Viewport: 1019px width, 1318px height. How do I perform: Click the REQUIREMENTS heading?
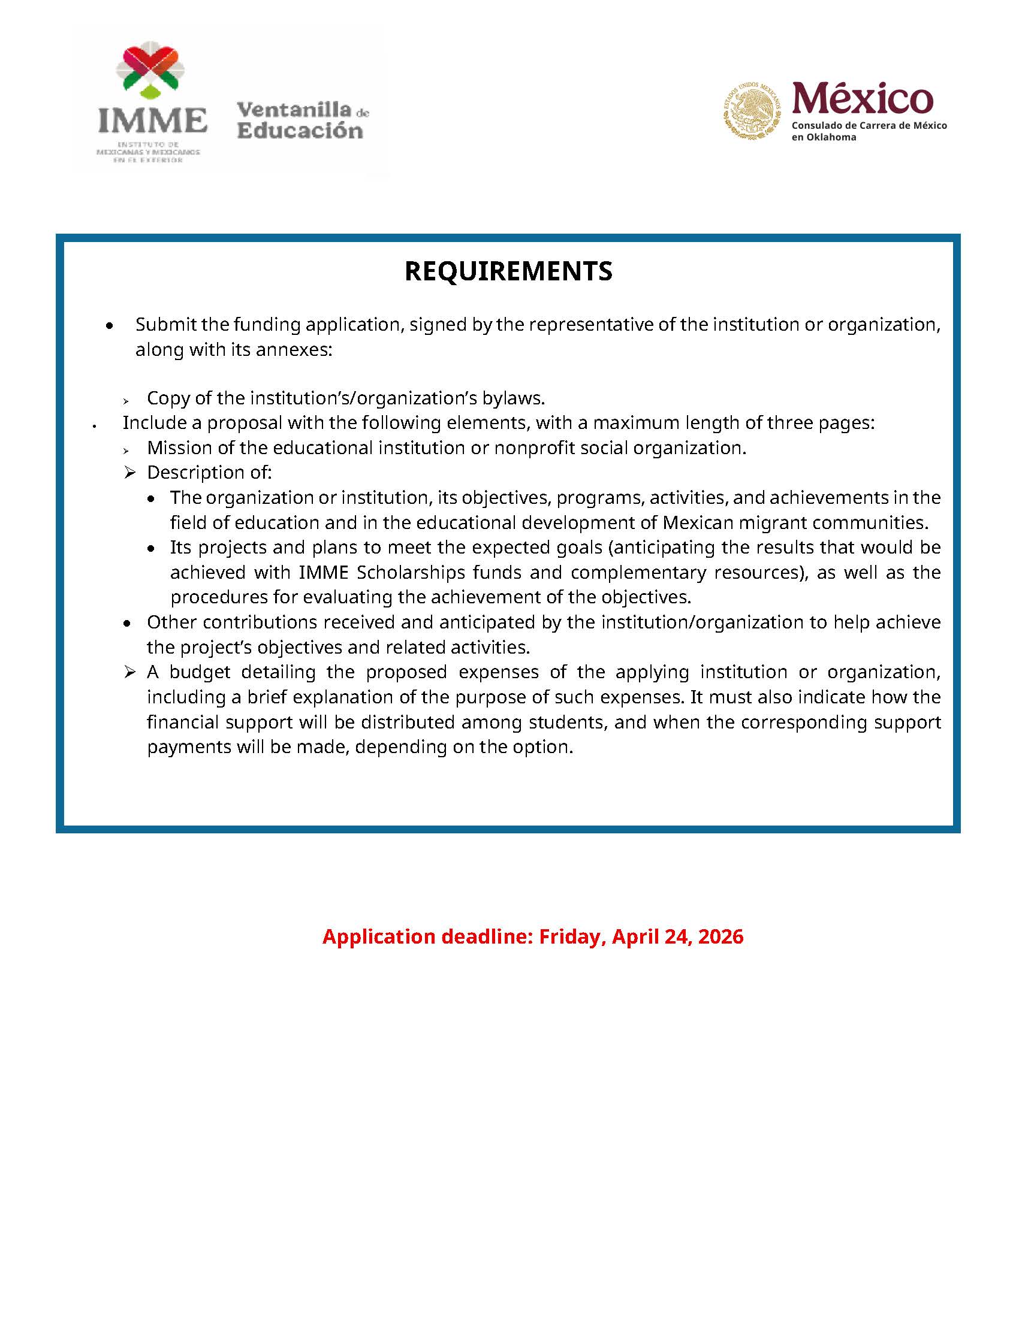tap(508, 271)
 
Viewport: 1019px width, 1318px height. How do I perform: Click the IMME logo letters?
tap(152, 120)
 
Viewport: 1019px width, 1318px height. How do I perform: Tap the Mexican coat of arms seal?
tap(752, 110)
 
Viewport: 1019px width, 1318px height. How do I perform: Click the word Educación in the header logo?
tap(300, 131)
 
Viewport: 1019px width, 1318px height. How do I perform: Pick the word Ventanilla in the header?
tap(294, 109)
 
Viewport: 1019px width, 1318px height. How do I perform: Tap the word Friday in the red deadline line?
tap(572, 936)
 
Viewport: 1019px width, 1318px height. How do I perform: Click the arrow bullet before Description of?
tap(129, 473)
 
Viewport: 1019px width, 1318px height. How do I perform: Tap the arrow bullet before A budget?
tap(129, 672)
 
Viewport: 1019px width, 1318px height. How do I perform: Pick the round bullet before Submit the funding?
tap(109, 326)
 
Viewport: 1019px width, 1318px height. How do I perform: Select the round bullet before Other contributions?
tap(126, 624)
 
